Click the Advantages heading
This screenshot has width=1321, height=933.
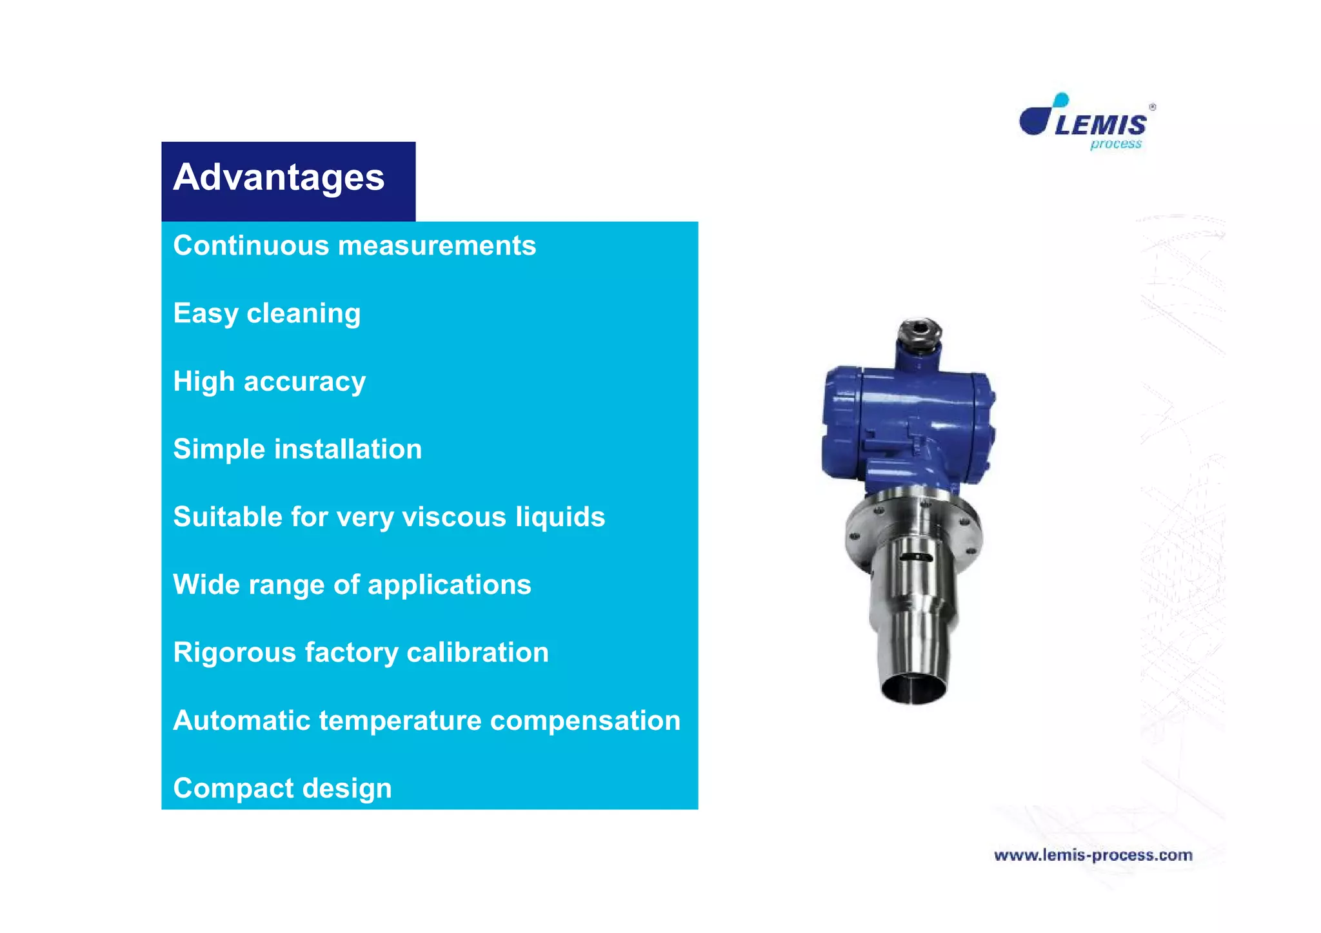279,177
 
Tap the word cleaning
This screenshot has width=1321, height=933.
303,314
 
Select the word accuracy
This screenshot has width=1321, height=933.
304,382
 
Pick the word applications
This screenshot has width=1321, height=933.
449,585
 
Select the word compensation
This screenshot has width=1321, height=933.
585,721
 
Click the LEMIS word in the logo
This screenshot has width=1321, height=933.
1101,125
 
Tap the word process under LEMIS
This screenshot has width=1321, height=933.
1115,144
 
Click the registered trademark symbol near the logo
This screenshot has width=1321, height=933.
1153,107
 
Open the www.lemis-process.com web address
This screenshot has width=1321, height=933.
1093,856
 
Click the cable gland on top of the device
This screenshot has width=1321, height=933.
920,332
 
